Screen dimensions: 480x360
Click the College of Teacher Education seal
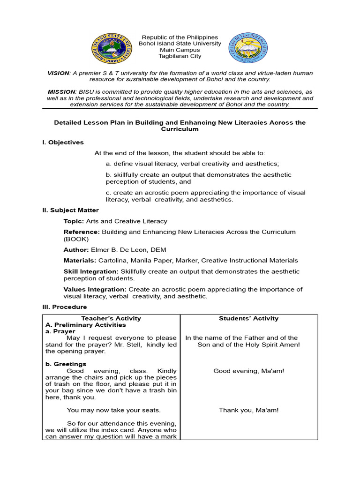[x=248, y=48]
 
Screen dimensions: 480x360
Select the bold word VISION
[x=58, y=74]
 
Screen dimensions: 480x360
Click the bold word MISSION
[x=61, y=92]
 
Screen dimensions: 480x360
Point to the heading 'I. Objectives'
[x=63, y=142]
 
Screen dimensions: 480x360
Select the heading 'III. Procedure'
[x=64, y=307]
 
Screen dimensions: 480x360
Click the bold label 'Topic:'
[x=74, y=221]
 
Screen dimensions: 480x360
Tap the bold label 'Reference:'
[x=82, y=232]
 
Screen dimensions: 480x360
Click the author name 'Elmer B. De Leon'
[x=116, y=250]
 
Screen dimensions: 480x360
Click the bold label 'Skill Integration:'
[x=91, y=272]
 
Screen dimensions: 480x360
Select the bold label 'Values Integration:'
[x=95, y=290]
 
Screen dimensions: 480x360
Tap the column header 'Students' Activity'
[x=248, y=319]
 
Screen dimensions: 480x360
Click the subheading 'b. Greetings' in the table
[x=66, y=364]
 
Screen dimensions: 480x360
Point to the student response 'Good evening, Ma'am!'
[x=248, y=371]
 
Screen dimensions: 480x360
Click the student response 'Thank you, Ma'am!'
[x=248, y=411]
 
